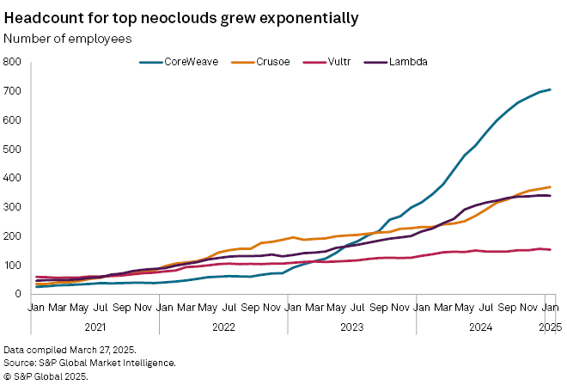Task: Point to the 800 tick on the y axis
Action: (12, 62)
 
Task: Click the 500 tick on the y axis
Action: (12, 150)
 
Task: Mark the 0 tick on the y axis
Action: (17, 294)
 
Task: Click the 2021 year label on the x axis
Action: (94, 327)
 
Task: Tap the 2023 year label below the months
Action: (352, 327)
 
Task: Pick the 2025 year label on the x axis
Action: (550, 327)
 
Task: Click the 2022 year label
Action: (223, 327)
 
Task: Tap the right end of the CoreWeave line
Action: (550, 89)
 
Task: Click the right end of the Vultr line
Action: (550, 249)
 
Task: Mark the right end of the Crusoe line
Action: (550, 186)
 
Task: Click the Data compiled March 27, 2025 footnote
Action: (70, 350)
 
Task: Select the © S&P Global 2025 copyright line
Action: (45, 376)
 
